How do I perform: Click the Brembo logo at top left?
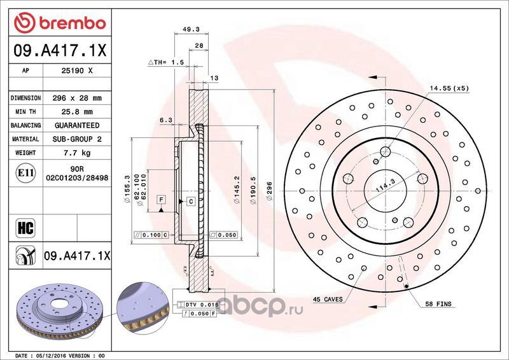pyautogui.click(x=60, y=23)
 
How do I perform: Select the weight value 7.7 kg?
pyautogui.click(x=77, y=153)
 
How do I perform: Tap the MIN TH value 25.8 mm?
pyautogui.click(x=77, y=112)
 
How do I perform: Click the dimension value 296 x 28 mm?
pyautogui.click(x=77, y=98)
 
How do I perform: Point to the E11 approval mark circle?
pyautogui.click(x=25, y=173)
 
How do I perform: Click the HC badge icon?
pyautogui.click(x=25, y=228)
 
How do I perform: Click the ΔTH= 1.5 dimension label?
pyautogui.click(x=166, y=62)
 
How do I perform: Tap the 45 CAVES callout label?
pyautogui.click(x=328, y=300)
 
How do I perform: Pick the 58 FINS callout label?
pyautogui.click(x=438, y=304)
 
